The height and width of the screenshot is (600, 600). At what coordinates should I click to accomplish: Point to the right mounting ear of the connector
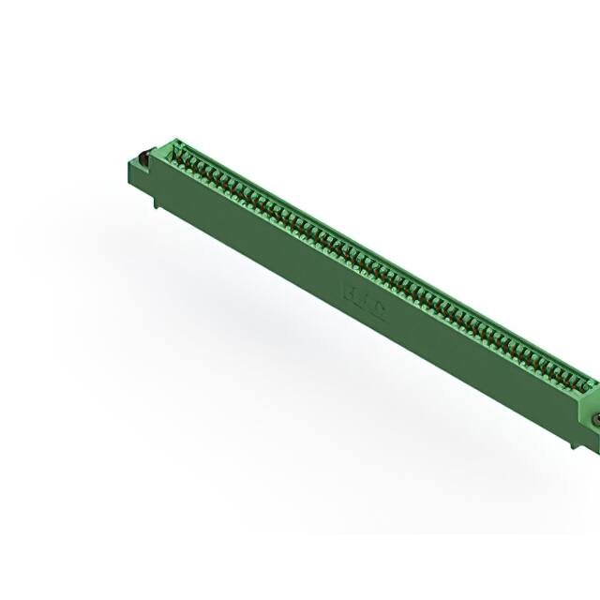(591, 412)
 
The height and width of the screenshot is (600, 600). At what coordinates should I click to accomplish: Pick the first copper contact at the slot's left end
(177, 156)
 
